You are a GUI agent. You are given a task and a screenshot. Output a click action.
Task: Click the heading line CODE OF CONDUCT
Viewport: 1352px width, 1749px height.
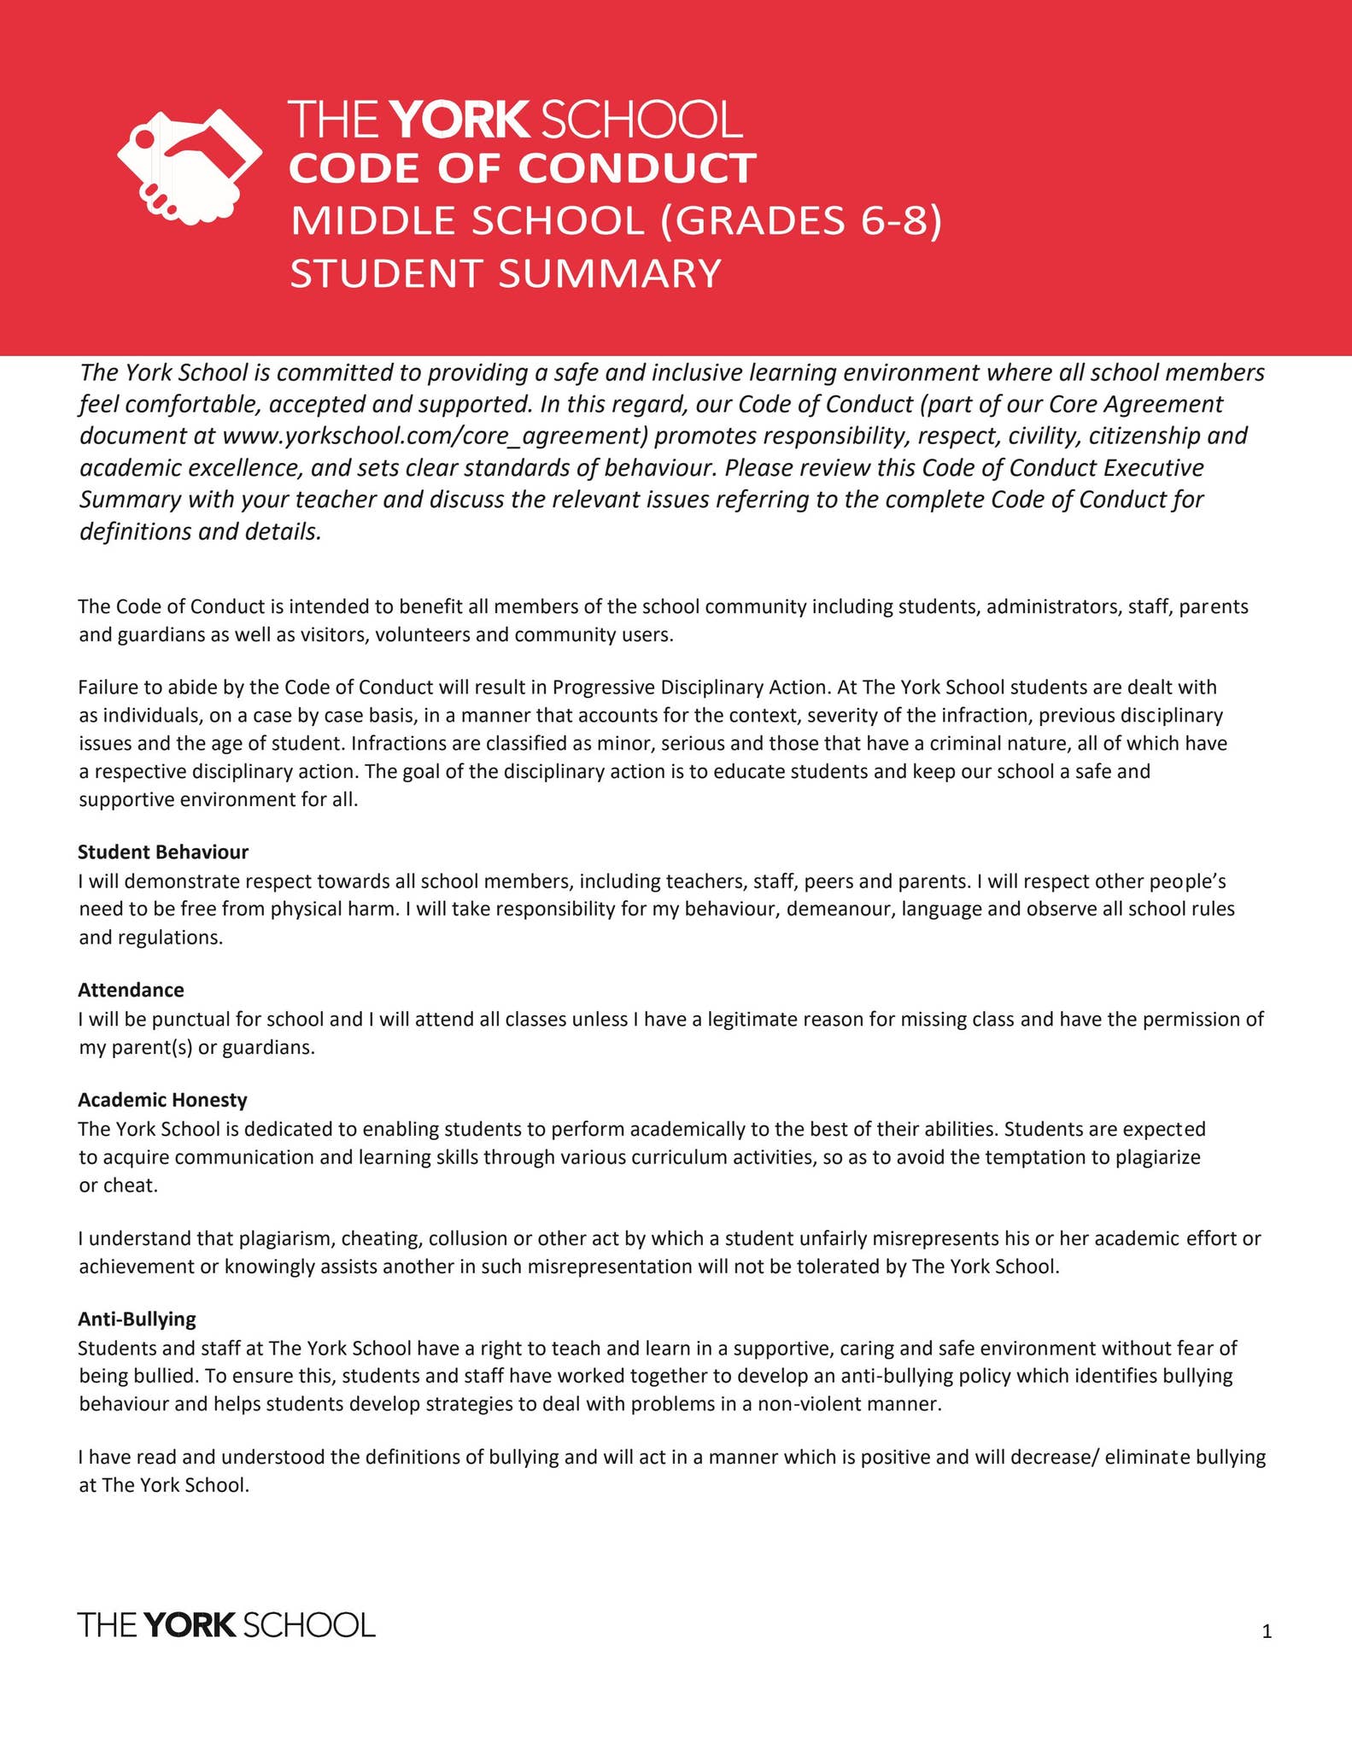522,168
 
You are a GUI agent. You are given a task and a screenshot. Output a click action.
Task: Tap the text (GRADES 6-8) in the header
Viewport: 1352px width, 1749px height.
800,221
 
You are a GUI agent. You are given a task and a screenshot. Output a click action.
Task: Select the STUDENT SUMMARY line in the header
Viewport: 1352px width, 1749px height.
506,274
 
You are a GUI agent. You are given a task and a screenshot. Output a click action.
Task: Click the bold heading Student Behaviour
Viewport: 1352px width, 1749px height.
163,851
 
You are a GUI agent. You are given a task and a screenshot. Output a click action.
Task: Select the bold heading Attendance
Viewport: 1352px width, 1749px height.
131,990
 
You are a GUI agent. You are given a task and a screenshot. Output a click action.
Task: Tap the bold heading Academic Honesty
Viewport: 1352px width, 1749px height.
162,1099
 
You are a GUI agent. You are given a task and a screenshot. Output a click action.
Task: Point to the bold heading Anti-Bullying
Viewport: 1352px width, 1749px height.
137,1319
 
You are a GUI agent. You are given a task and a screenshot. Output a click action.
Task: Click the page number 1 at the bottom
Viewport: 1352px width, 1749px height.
1267,1632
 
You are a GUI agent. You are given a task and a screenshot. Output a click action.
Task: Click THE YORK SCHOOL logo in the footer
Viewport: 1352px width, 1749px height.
226,1624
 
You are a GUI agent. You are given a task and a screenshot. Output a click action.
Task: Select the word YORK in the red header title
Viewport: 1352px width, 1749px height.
459,120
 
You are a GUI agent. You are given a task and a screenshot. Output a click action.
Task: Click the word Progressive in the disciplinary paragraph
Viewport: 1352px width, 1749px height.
600,687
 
